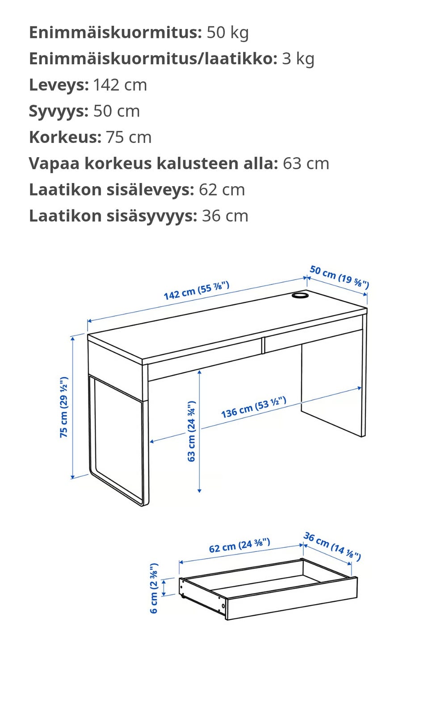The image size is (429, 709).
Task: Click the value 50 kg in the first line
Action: point(227,33)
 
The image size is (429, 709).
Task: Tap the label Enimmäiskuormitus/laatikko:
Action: point(153,59)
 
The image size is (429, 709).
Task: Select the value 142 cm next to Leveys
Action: point(120,85)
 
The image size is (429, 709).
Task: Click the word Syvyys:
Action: point(59,111)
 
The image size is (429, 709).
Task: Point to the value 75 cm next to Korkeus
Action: point(129,138)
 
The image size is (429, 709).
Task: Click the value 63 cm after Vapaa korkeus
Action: point(306,163)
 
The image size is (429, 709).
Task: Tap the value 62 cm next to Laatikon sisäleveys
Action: point(222,190)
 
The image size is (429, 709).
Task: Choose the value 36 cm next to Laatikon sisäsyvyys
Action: point(225,216)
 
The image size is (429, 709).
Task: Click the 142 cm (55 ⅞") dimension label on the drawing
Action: point(196,290)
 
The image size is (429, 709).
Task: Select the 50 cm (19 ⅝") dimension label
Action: point(339,277)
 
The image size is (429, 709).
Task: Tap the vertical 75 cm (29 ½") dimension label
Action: point(64,407)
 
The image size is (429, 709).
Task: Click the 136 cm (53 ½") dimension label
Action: point(253,407)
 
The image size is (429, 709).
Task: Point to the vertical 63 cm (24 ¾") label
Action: point(191,431)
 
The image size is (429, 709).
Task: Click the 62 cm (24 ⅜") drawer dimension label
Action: point(240,545)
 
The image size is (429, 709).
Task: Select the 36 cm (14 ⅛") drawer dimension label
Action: point(332,546)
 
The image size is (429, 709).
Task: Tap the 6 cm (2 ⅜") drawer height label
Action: point(154,588)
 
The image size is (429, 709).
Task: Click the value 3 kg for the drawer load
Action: point(298,59)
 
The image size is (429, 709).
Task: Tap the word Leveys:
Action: point(59,85)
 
